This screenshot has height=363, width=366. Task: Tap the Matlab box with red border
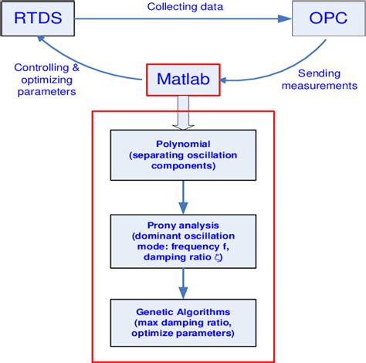tap(183, 78)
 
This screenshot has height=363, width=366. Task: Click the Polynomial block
tap(184, 154)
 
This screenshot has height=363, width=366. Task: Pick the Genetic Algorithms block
tap(184, 324)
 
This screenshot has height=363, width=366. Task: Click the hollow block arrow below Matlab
tap(183, 112)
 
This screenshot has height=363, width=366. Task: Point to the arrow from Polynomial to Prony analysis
tap(183, 198)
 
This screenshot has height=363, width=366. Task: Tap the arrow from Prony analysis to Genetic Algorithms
tap(183, 283)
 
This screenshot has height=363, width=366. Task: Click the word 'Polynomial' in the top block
tap(184, 143)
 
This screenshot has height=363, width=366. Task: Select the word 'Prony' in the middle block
tap(158, 224)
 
